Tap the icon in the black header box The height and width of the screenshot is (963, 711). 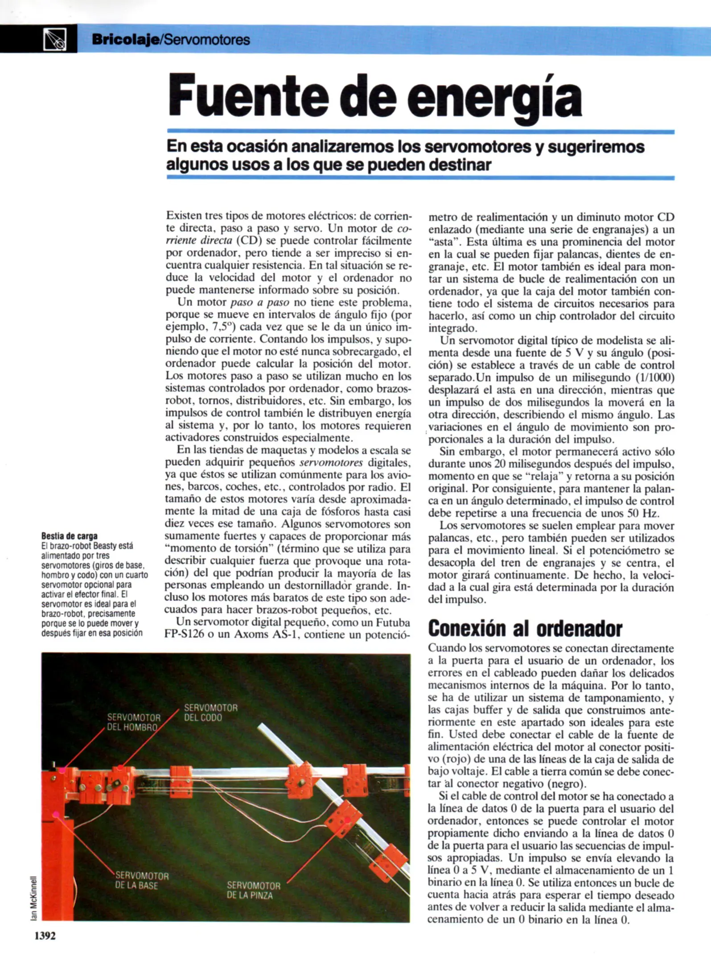point(55,39)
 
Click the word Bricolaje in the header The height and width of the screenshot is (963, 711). point(125,40)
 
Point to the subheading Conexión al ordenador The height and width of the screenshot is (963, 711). point(525,629)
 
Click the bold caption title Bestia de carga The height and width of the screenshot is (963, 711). point(69,536)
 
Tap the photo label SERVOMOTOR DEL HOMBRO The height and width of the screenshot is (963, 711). point(133,722)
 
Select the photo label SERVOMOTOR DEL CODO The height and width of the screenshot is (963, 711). point(210,712)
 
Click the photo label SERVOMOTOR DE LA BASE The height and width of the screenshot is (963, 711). point(142,881)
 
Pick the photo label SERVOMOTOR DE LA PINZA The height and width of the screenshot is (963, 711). point(253,890)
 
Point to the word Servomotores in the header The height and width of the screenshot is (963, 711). point(206,40)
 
